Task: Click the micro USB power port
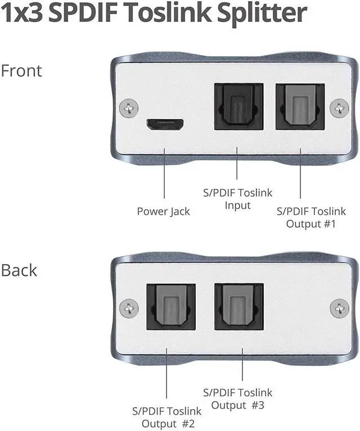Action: click(x=164, y=124)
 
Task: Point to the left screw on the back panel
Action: click(x=130, y=307)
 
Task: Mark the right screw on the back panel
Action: click(x=339, y=307)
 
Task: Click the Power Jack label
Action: click(x=164, y=211)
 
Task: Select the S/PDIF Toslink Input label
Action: click(x=237, y=199)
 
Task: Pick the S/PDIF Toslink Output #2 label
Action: click(x=166, y=417)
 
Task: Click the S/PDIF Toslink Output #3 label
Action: click(x=237, y=398)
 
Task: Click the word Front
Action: click(x=21, y=71)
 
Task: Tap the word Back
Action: click(x=19, y=270)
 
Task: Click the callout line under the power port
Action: click(x=164, y=175)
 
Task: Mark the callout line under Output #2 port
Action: click(x=167, y=376)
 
